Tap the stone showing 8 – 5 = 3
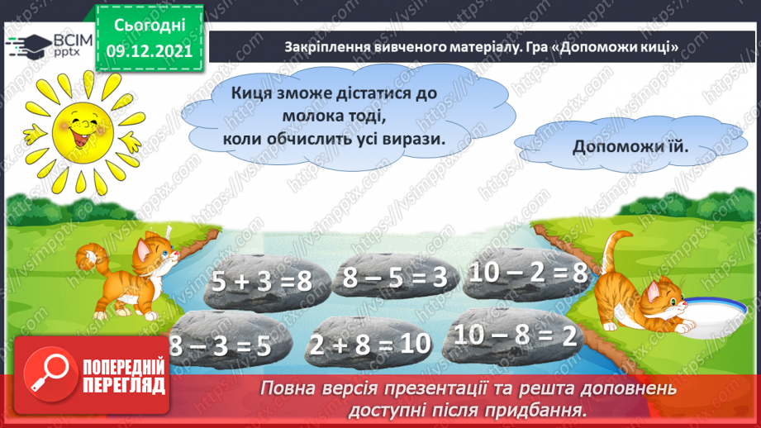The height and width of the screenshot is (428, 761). point(394,278)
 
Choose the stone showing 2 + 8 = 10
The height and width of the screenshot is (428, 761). point(369,345)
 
